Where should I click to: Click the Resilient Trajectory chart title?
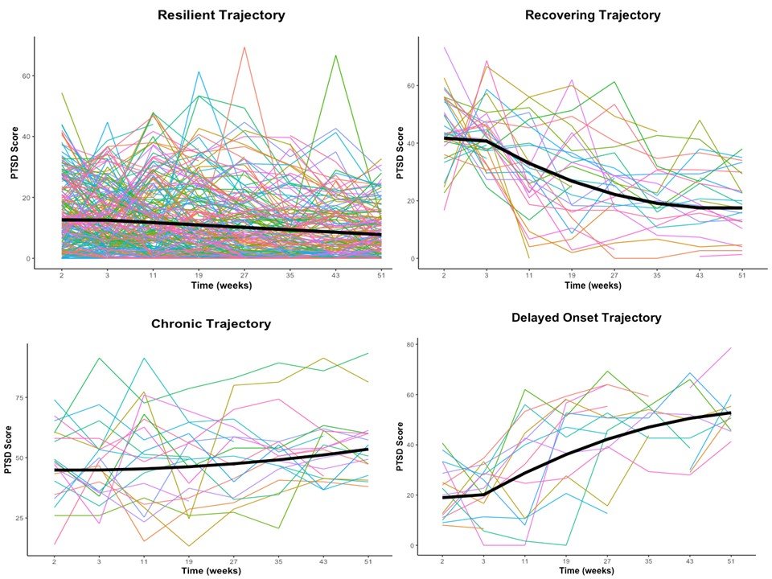click(221, 15)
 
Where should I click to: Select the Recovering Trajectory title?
click(593, 15)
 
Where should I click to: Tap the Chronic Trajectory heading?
click(211, 324)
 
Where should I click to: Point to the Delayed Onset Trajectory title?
click(586, 318)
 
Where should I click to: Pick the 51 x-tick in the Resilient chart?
click(381, 275)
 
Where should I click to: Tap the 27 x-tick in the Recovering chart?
click(614, 275)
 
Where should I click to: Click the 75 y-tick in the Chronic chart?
click(19, 397)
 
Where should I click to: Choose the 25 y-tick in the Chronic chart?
click(19, 517)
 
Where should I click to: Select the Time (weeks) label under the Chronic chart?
click(211, 571)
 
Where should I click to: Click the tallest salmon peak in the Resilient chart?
click(244, 47)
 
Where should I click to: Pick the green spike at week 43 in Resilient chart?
click(335, 55)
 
